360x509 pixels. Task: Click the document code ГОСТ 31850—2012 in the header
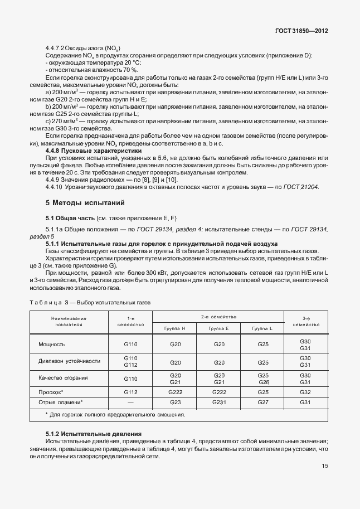pyautogui.click(x=301, y=31)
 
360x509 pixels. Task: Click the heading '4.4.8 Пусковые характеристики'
pyautogui.click(x=93, y=151)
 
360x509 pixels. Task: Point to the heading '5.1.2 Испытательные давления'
pyautogui.click(x=93, y=434)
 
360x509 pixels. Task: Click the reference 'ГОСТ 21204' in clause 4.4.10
pyautogui.click(x=300, y=187)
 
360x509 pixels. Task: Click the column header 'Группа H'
pyautogui.click(x=174, y=328)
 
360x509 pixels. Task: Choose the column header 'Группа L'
pyautogui.click(x=263, y=328)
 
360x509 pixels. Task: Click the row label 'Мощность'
pyautogui.click(x=52, y=345)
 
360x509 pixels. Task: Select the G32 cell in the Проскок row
pyautogui.click(x=305, y=392)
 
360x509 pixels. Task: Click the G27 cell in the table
pyautogui.click(x=263, y=402)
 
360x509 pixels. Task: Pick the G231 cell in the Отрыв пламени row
pyautogui.click(x=219, y=402)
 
